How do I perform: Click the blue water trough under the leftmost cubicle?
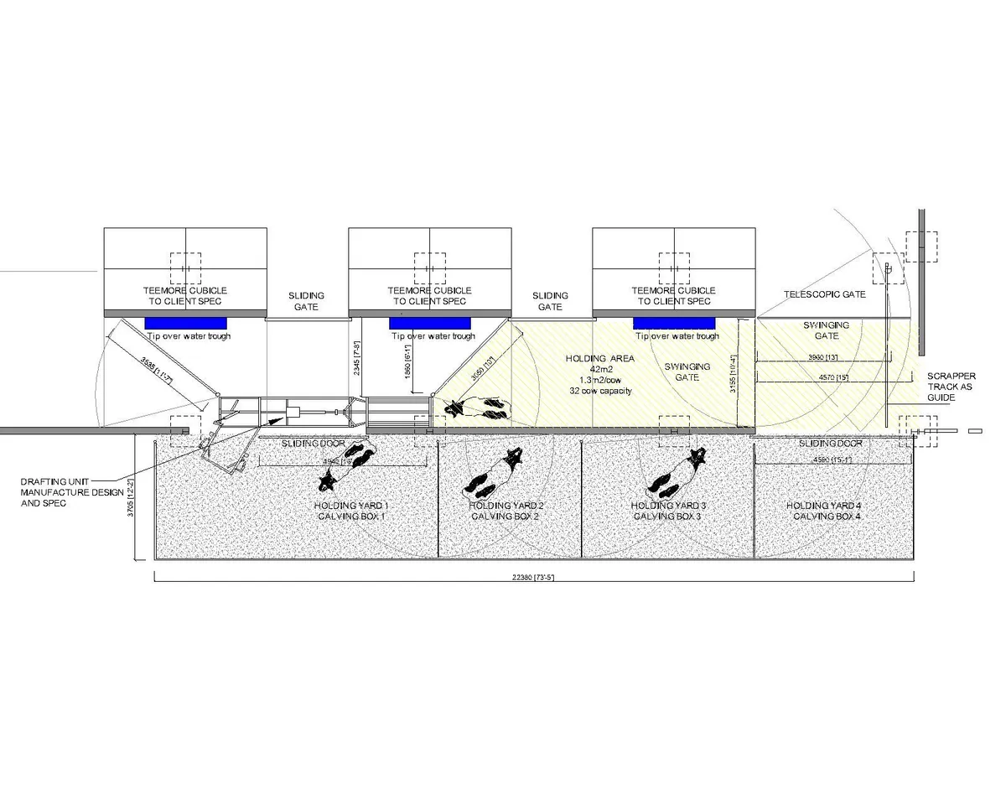click(185, 323)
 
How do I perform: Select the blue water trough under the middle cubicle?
click(430, 323)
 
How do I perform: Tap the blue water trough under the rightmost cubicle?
click(674, 323)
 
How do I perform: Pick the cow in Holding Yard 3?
click(675, 475)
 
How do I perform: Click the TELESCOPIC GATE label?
click(824, 295)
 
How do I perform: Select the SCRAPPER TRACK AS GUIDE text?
click(951, 387)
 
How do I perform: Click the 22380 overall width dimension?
click(534, 577)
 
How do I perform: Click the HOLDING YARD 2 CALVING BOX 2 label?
click(506, 511)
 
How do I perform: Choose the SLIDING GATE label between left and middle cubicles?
click(306, 301)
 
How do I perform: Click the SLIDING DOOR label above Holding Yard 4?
click(830, 443)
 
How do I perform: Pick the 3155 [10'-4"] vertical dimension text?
click(733, 377)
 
